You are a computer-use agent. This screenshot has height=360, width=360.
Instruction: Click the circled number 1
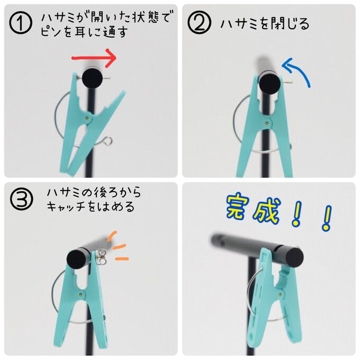(21, 23)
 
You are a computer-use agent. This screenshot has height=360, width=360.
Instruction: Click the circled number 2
(199, 23)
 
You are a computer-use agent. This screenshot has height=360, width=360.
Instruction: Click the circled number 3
(22, 199)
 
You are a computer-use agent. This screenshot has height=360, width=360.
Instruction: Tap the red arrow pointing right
(94, 58)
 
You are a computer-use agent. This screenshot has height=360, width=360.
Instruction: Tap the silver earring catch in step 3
(101, 257)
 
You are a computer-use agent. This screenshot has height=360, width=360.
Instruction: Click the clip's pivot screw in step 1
(87, 118)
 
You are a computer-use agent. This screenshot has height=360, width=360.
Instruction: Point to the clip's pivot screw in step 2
(266, 123)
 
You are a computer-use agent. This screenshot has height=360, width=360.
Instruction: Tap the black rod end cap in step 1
(92, 78)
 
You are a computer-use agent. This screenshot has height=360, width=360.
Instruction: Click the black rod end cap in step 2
(270, 84)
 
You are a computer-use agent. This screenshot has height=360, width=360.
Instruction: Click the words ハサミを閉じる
(265, 24)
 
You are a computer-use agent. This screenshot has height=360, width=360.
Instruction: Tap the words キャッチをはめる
(91, 206)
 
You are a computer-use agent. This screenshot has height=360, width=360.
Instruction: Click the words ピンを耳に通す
(84, 31)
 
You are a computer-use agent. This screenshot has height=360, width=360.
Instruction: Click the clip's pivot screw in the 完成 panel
(280, 294)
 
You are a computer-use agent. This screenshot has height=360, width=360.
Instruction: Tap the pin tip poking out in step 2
(289, 83)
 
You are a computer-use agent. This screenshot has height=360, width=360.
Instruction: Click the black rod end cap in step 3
(77, 258)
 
